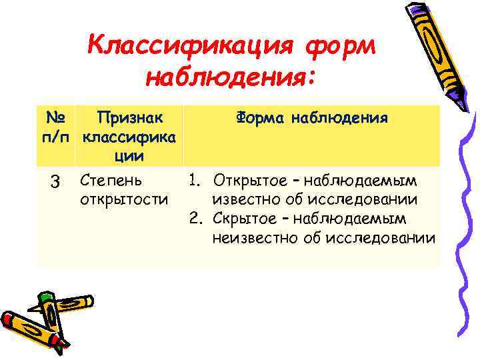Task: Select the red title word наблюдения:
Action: tap(229, 79)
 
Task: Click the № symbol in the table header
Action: tap(56, 119)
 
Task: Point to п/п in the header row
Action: tap(56, 137)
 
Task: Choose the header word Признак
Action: tap(129, 119)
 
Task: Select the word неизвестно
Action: tap(250, 238)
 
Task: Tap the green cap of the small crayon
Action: tap(46, 295)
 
